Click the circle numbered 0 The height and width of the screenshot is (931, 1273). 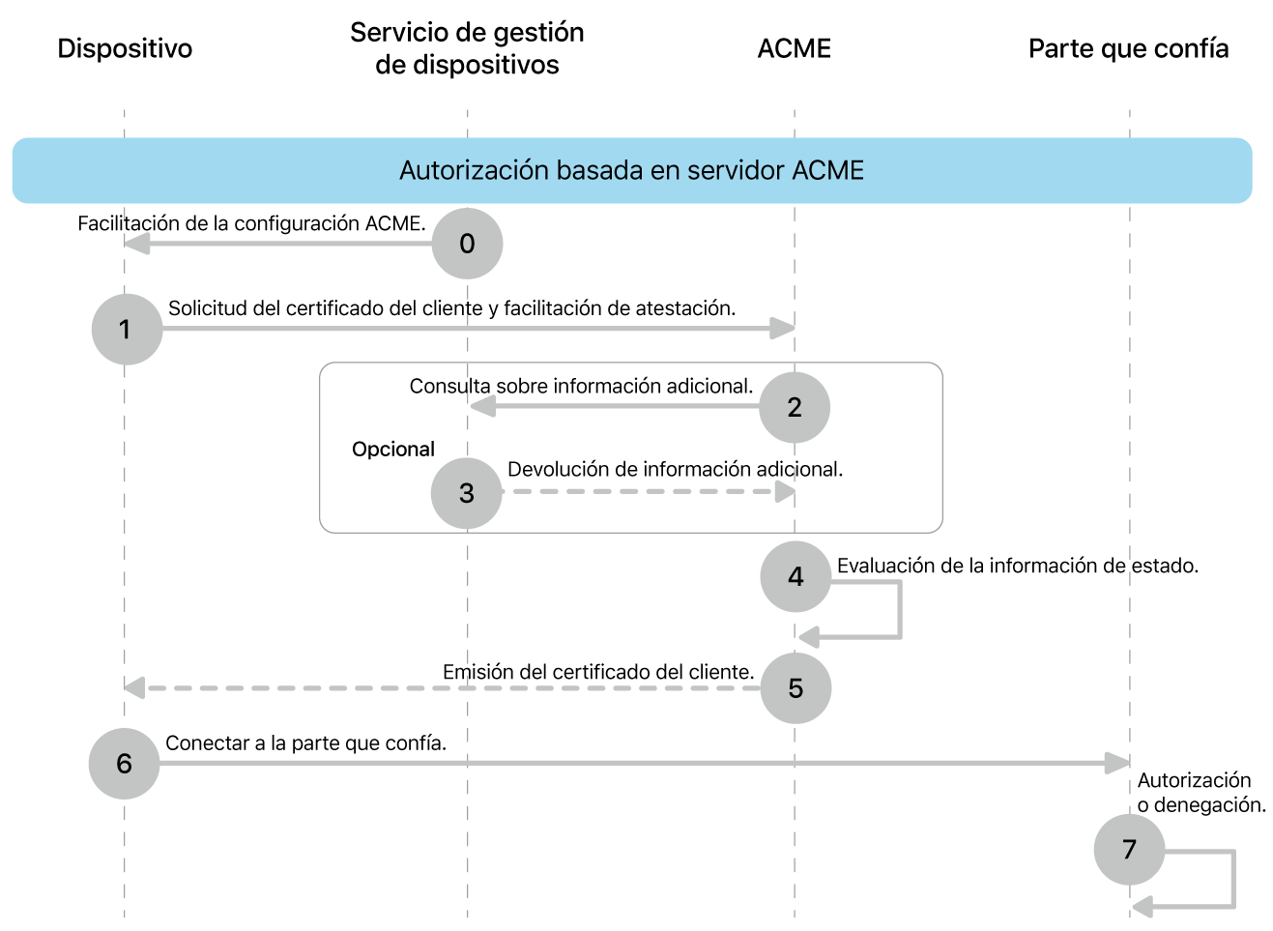coord(467,244)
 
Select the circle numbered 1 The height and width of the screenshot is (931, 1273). coord(127,330)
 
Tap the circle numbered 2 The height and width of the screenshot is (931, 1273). coord(795,407)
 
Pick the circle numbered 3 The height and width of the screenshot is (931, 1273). coord(467,493)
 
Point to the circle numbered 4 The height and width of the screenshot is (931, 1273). coord(796,577)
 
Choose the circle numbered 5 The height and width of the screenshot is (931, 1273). coord(796,688)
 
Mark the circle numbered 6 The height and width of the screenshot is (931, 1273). coord(124,764)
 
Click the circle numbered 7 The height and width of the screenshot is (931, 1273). coord(1129,850)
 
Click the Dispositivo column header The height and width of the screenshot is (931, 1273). coord(125,48)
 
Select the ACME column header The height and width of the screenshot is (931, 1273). coord(794,48)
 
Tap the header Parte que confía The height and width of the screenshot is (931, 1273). coord(1128,48)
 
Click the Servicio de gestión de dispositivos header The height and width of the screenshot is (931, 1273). coord(467,48)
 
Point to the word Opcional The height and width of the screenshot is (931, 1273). coord(392,450)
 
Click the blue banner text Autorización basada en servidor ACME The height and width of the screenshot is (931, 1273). coord(631,171)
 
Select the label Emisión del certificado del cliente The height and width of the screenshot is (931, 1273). coord(597,672)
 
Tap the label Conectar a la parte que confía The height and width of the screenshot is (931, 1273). coord(305,743)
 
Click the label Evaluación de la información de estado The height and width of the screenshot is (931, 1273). coord(1017,566)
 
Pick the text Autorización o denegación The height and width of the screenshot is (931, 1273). coord(1201,793)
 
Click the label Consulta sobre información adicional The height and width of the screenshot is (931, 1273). coord(581,387)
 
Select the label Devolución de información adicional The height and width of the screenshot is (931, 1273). coord(675,470)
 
